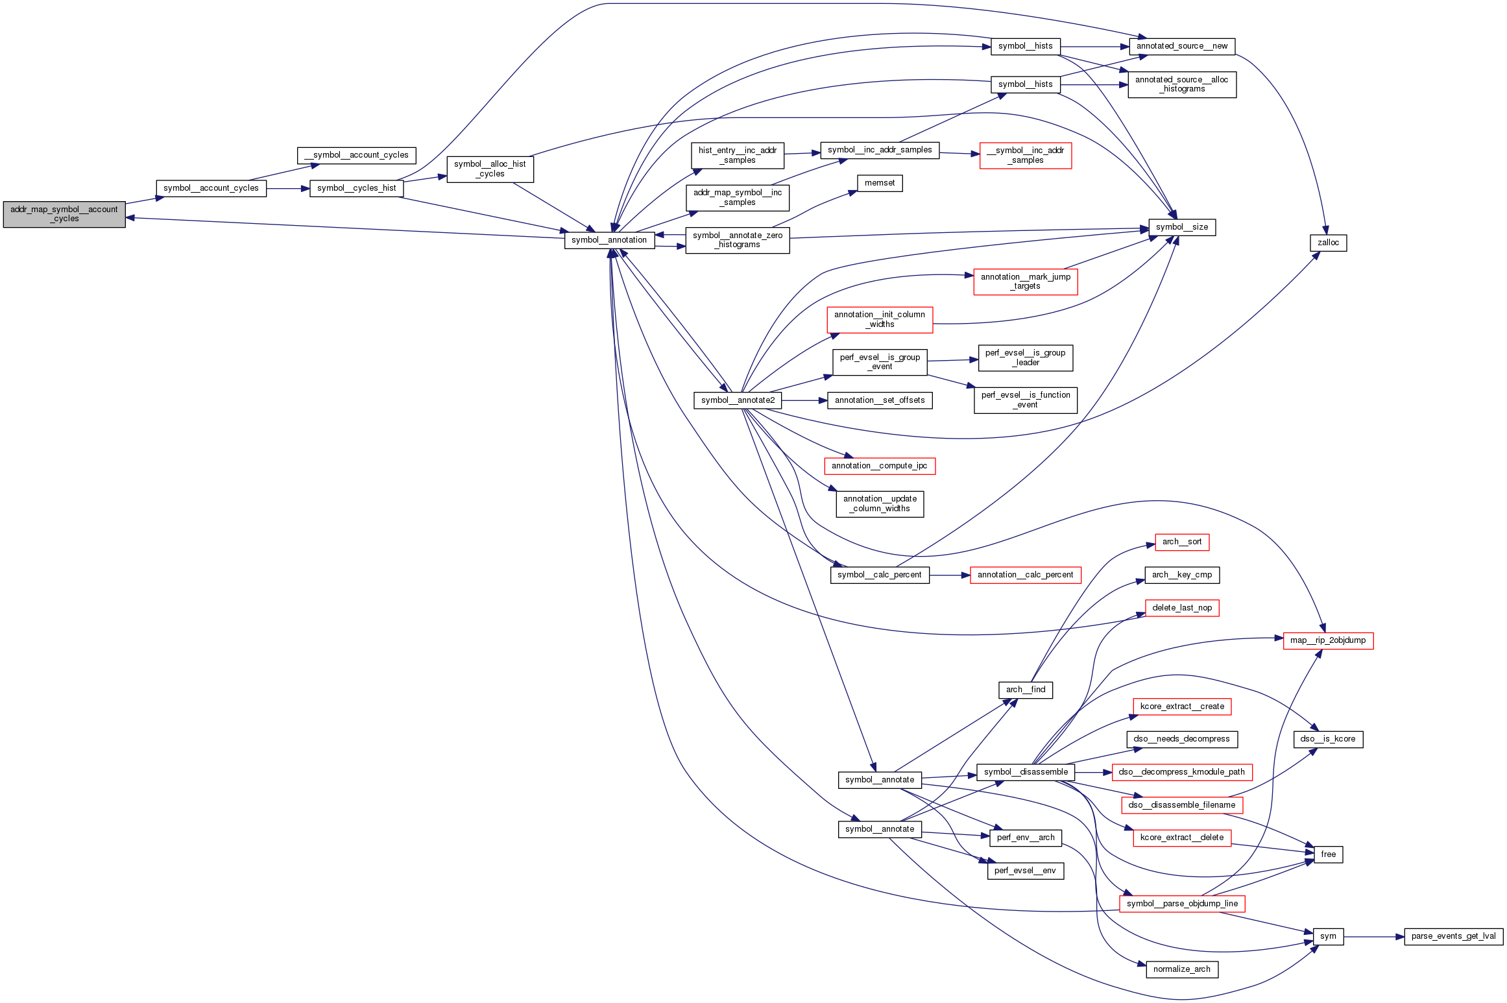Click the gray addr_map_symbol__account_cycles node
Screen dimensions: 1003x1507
coord(64,214)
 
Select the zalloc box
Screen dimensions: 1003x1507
coord(1328,243)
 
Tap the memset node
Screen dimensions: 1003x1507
coord(879,184)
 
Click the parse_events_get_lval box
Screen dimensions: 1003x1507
coord(1453,936)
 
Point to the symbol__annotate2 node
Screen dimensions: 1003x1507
coord(738,400)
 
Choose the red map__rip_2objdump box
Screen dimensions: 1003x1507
coord(1328,640)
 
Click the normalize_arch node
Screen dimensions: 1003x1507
coord(1181,969)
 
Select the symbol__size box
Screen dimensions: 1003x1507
coord(1181,227)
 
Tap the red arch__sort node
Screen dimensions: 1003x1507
coord(1181,542)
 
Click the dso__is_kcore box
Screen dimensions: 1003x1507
coord(1328,739)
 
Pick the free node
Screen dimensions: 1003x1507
coord(1328,854)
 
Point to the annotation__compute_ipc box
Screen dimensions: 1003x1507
coord(879,466)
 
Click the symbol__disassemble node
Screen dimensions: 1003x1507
coord(1025,772)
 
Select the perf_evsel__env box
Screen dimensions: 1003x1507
coord(1025,871)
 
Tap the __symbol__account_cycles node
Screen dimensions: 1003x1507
coord(356,155)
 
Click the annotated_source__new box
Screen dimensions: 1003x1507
coord(1181,46)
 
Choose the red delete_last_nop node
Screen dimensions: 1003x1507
coord(1181,608)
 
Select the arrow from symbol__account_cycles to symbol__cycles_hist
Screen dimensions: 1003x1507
coord(288,189)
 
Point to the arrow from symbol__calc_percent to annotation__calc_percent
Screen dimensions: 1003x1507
coord(950,575)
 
